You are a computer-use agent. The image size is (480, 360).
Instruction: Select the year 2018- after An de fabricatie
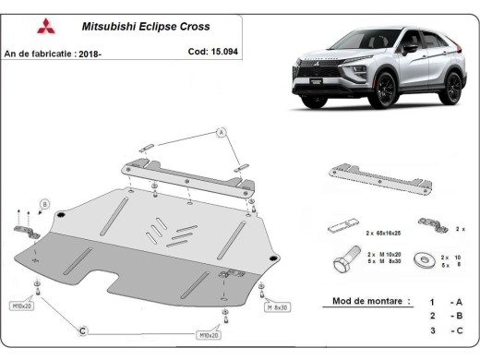coord(90,53)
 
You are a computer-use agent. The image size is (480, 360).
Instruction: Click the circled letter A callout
coord(221,133)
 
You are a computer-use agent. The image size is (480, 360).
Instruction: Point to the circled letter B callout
coord(43,202)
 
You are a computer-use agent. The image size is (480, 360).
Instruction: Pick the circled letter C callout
coord(82,330)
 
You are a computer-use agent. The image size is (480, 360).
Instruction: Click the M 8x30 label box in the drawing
coord(277,307)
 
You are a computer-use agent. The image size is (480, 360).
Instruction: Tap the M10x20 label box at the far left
coord(20,306)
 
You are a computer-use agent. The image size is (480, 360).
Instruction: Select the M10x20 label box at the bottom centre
coord(210,336)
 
